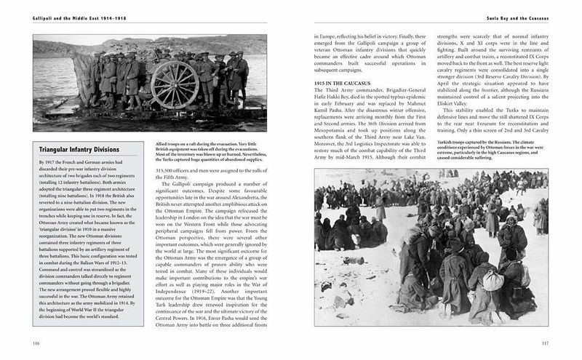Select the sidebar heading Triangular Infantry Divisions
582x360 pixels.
(71, 151)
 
